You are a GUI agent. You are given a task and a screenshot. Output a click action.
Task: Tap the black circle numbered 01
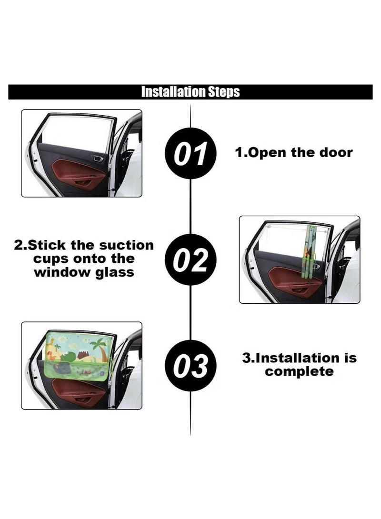click(x=190, y=153)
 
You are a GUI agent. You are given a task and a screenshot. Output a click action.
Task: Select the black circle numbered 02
click(x=190, y=260)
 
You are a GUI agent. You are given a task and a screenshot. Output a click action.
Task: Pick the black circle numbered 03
click(x=190, y=366)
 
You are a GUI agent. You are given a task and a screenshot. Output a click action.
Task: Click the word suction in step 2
click(x=127, y=246)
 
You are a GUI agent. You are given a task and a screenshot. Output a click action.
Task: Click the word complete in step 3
click(x=300, y=371)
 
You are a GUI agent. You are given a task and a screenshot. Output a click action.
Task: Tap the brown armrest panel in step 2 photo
click(x=295, y=281)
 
